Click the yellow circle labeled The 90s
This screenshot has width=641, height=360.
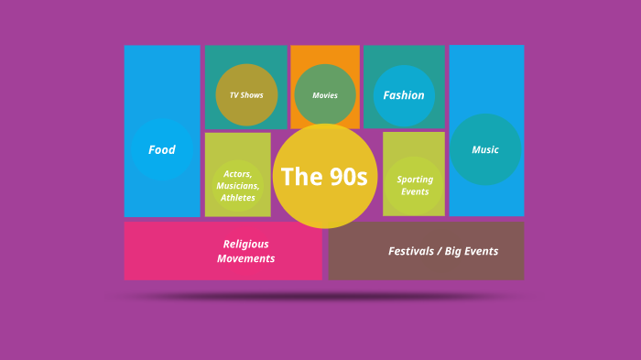[x=325, y=176]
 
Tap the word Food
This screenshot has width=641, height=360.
[x=162, y=150]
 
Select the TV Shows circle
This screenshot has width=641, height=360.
[x=246, y=95]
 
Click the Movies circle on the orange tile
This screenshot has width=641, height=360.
[x=325, y=95]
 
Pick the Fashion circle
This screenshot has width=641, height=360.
[x=404, y=95]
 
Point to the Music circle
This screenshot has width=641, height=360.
[x=485, y=149]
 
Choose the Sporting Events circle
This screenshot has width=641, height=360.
[x=415, y=186]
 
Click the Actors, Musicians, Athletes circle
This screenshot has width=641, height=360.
[x=238, y=186]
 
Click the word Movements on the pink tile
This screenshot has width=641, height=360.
[x=245, y=258]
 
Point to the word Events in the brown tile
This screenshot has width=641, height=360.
[x=481, y=251]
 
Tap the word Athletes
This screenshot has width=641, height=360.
[x=238, y=198]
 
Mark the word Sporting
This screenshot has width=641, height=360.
[x=415, y=180]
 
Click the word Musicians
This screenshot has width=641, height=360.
[x=237, y=186]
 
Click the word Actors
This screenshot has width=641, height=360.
[x=237, y=174]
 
